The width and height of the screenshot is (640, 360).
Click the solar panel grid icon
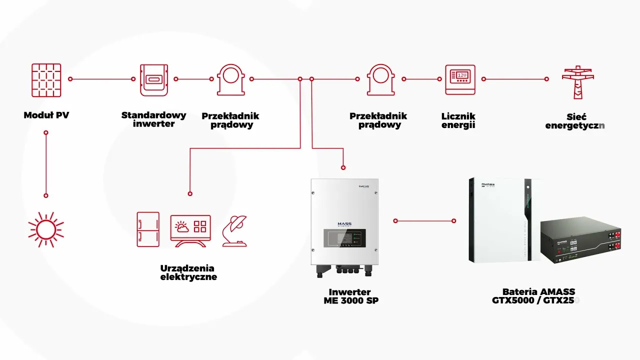(x=46, y=80)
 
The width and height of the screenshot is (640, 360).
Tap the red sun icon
(x=46, y=229)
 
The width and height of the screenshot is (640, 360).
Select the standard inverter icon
(x=153, y=79)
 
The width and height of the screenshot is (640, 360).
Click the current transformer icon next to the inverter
(x=231, y=79)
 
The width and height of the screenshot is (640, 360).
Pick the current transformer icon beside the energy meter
(x=381, y=79)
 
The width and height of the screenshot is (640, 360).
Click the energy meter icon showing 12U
(x=460, y=79)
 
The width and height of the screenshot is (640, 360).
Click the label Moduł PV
(x=46, y=115)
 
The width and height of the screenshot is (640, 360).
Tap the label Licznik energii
(x=458, y=120)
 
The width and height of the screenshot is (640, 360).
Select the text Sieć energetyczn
(x=575, y=120)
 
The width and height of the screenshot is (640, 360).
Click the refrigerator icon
(x=148, y=229)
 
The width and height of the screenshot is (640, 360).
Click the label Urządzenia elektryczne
(x=188, y=272)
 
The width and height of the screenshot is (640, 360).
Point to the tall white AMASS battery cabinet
(x=497, y=220)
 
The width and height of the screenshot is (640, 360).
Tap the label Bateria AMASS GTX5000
(x=537, y=296)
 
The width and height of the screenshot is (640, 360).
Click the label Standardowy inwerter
(x=153, y=119)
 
